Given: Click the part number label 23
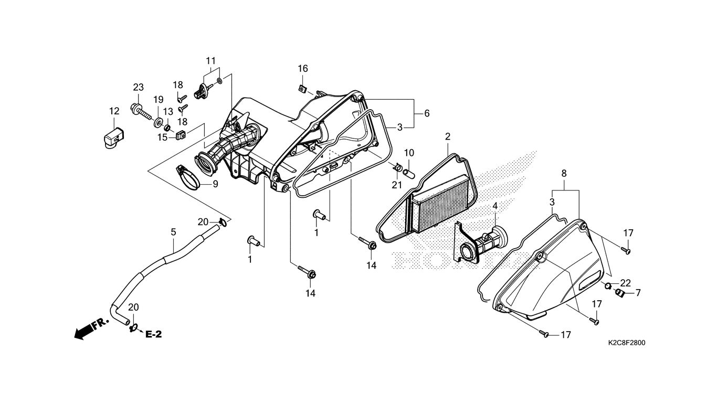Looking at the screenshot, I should click(x=138, y=87).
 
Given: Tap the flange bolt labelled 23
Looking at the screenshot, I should click(x=138, y=111).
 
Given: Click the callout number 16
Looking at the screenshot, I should click(x=303, y=69).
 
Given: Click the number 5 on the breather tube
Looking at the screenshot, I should click(x=173, y=231).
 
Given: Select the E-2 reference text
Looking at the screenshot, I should click(x=153, y=334).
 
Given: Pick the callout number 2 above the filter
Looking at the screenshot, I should click(x=448, y=136).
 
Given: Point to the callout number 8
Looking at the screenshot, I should click(x=564, y=173).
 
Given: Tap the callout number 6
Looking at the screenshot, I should click(x=427, y=113).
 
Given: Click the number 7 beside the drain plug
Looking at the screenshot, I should click(x=638, y=292).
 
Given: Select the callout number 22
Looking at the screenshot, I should click(x=625, y=283).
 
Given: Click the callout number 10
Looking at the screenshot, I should click(x=409, y=153).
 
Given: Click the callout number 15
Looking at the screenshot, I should click(x=162, y=137).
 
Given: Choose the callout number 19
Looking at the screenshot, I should click(x=158, y=100).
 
